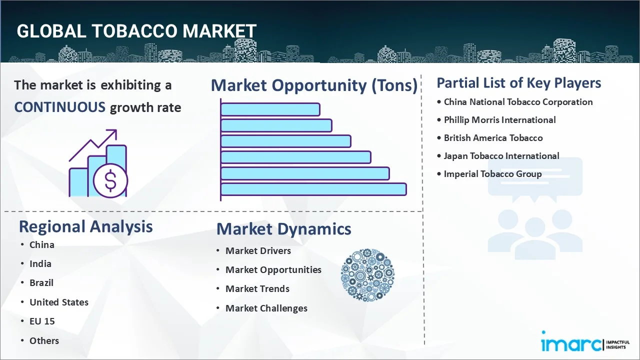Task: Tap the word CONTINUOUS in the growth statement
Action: (x=60, y=107)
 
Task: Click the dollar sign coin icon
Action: (x=110, y=181)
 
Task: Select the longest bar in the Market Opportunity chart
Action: (x=313, y=189)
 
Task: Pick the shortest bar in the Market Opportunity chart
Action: (x=270, y=109)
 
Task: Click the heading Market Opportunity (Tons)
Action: (x=314, y=85)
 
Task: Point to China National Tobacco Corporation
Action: (x=518, y=102)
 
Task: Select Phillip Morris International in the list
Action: (x=499, y=120)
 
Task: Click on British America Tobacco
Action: (x=493, y=138)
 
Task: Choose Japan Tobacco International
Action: (x=501, y=156)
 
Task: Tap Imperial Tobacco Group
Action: (x=492, y=174)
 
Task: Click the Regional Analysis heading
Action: (x=85, y=227)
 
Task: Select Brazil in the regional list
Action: (x=41, y=283)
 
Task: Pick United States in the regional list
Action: (x=59, y=302)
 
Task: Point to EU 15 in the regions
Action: (x=42, y=321)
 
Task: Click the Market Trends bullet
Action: (x=257, y=289)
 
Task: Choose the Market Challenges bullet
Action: (x=266, y=308)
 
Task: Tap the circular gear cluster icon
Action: (x=367, y=275)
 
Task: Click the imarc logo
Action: (x=585, y=343)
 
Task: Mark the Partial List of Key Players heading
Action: (x=519, y=83)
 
